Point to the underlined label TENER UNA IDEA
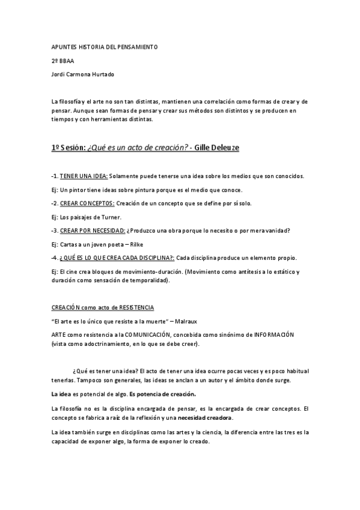(84, 176)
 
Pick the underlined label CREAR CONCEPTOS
(87, 203)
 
